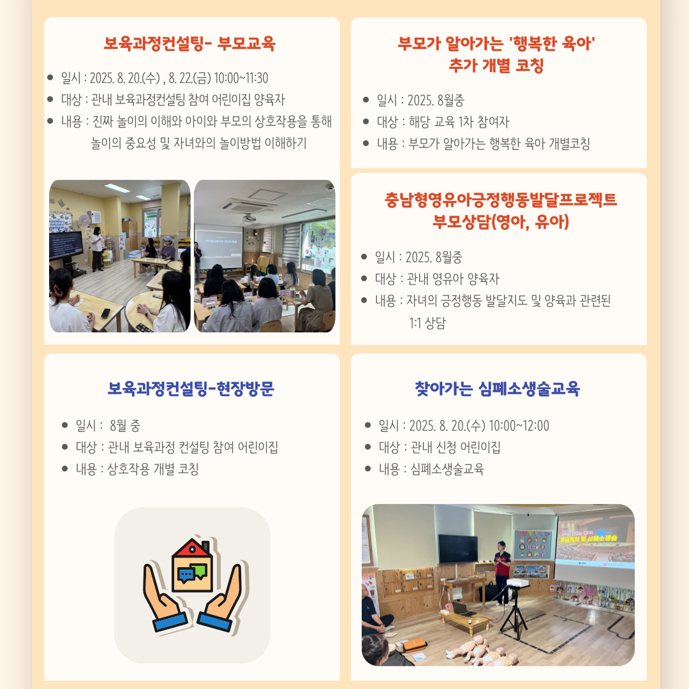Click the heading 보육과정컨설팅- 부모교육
189,43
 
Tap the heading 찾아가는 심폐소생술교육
498,389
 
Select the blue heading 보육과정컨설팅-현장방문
191,389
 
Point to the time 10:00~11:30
241,78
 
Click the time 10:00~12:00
519,426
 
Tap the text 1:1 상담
427,323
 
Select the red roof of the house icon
191,549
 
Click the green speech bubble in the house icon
200,570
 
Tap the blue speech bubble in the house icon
186,575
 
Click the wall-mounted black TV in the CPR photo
458,549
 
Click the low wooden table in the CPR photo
465,619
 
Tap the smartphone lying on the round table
105,313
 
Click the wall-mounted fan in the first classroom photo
84,219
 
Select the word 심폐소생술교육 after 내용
447,469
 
